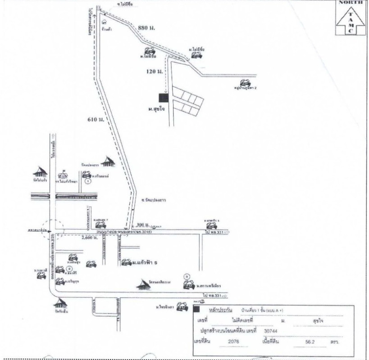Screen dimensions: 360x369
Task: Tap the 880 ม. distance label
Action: tap(146, 29)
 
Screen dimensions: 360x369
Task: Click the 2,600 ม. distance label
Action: tap(90, 237)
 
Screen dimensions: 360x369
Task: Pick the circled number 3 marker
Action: tap(187, 275)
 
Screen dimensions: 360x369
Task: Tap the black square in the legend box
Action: tap(196, 310)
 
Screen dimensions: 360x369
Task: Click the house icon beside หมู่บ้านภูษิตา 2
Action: tap(244, 83)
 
